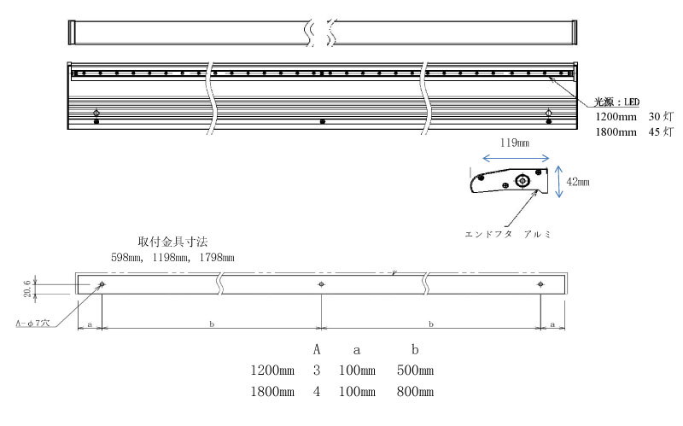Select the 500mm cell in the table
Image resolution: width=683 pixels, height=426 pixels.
[x=415, y=371]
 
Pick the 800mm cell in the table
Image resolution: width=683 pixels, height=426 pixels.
[x=415, y=392]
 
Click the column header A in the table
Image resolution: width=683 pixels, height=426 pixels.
[x=317, y=350]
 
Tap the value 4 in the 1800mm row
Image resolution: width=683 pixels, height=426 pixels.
[x=317, y=392]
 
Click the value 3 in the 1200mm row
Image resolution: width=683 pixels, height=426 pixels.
[x=317, y=371]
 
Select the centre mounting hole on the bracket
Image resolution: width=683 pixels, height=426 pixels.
[x=321, y=284]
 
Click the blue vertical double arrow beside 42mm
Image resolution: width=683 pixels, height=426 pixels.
[x=559, y=182]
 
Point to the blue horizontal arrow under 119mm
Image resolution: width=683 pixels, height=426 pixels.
[x=515, y=157]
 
